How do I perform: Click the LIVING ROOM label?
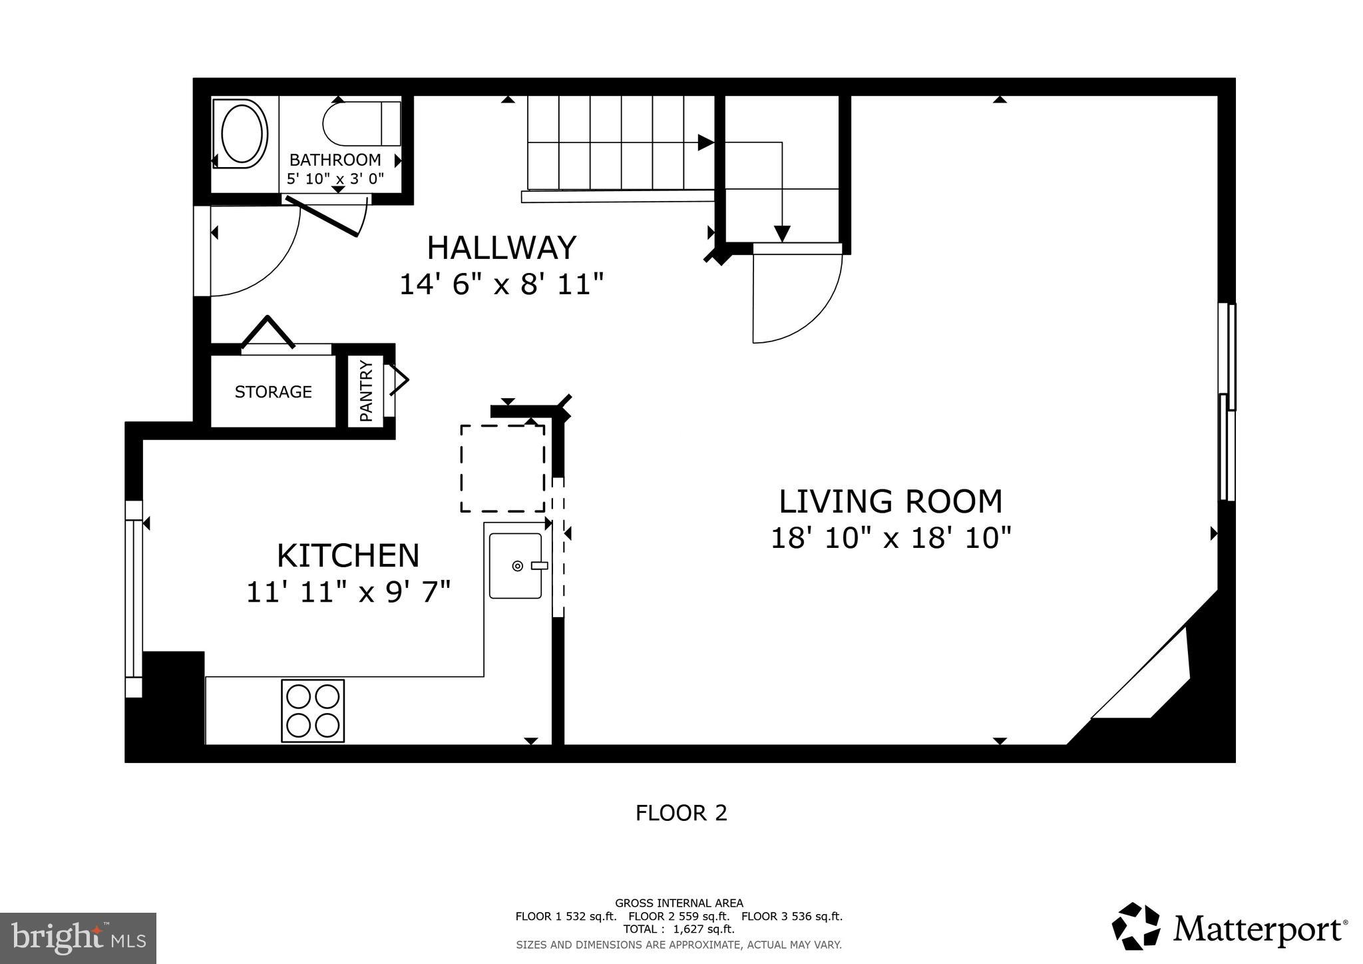tap(890, 502)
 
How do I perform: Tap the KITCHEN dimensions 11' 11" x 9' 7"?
tap(348, 592)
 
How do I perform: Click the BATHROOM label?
tap(335, 160)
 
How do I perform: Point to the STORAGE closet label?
tap(273, 391)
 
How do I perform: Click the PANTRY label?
tap(366, 391)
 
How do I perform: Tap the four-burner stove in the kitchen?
tap(313, 710)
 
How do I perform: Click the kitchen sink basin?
tap(515, 565)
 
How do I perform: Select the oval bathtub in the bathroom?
tap(243, 133)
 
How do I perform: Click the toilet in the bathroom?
tap(359, 123)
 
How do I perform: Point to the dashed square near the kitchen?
tap(502, 468)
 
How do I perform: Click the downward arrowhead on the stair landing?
tap(782, 233)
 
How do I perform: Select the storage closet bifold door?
tap(268, 332)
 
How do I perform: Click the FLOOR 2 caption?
tap(681, 813)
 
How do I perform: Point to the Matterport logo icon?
tap(1135, 926)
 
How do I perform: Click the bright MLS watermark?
tap(78, 938)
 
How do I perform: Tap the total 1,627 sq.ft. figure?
tap(703, 929)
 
